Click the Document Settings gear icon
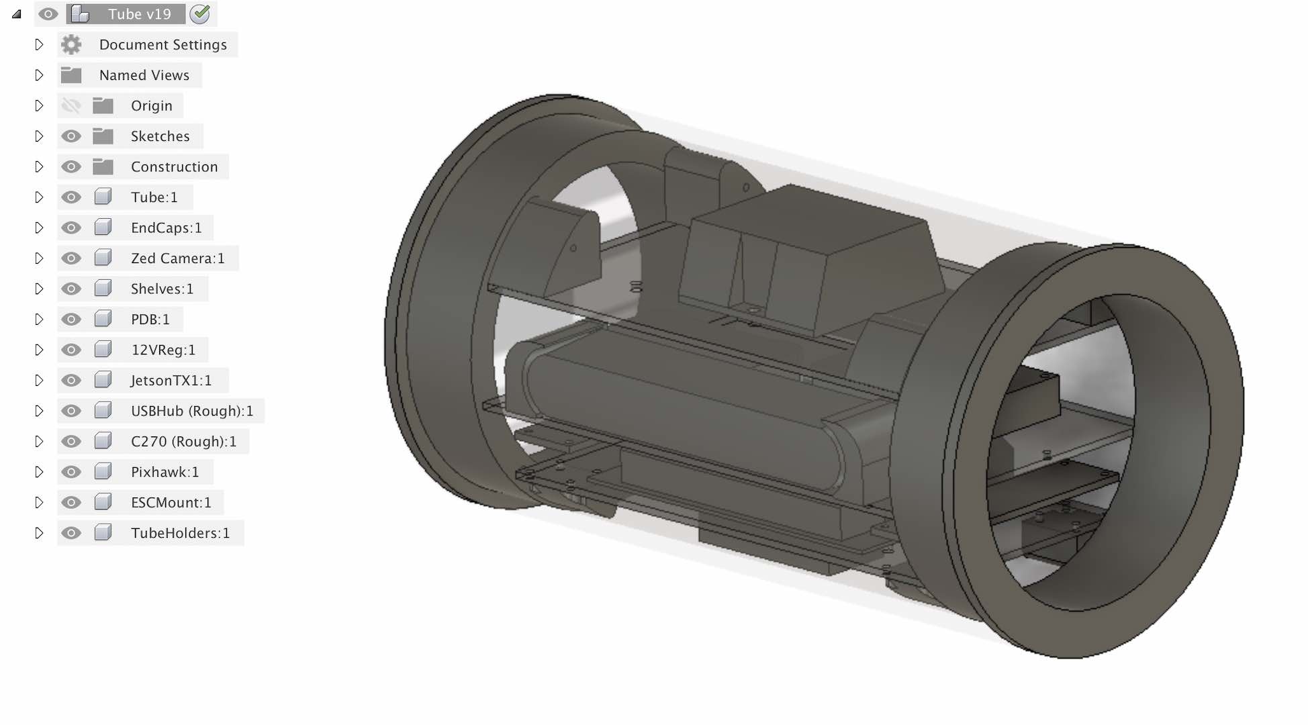pyautogui.click(x=71, y=45)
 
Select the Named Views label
pyautogui.click(x=144, y=75)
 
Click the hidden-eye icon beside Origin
pyautogui.click(x=71, y=105)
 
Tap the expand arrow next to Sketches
pyautogui.click(x=39, y=136)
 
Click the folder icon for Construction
pyautogui.click(x=103, y=166)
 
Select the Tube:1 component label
pyautogui.click(x=154, y=197)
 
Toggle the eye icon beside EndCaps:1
pyautogui.click(x=71, y=228)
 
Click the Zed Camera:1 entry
pyautogui.click(x=178, y=258)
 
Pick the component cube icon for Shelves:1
pyautogui.click(x=103, y=289)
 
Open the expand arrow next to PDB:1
pyautogui.click(x=39, y=320)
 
